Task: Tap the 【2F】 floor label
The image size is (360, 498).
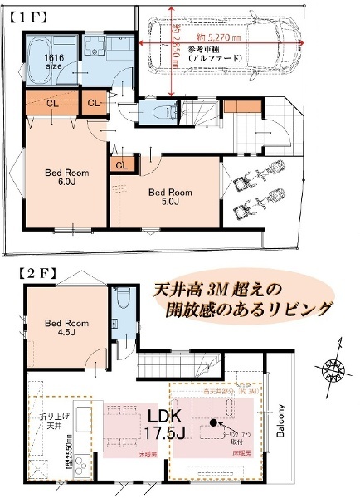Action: click(32, 271)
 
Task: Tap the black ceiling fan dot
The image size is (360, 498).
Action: click(213, 422)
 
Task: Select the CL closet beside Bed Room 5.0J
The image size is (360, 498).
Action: click(122, 165)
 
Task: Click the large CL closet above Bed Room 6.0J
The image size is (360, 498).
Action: click(51, 105)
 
